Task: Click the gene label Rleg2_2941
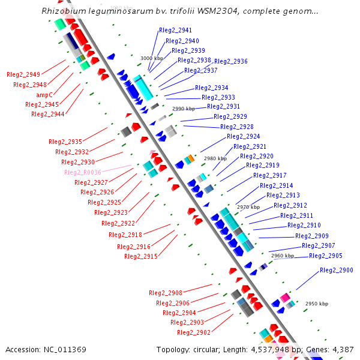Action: [x=175, y=30]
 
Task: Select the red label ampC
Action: [x=44, y=95]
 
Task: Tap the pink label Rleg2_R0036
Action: [x=83, y=172]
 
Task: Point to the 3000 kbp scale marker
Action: [x=151, y=58]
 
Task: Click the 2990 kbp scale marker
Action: [x=184, y=109]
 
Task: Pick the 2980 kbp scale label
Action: [x=215, y=158]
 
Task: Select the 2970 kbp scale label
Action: [x=248, y=206]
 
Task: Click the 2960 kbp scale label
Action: [x=282, y=256]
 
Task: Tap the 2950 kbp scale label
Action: [x=316, y=304]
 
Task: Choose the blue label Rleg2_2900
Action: [x=337, y=271]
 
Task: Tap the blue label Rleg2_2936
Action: [x=231, y=61]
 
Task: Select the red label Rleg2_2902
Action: [x=194, y=332]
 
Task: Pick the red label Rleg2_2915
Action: [x=141, y=256]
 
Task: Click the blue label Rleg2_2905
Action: [x=326, y=256]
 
